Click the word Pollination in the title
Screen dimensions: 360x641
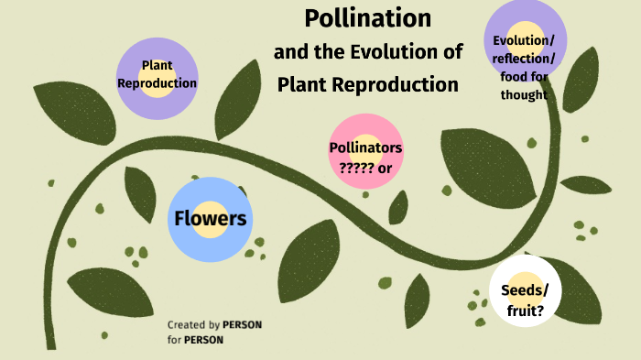tap(367, 18)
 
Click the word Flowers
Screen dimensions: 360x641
tap(210, 219)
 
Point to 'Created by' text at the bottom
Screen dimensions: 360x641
tap(193, 325)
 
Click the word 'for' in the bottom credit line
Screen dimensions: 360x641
tap(174, 340)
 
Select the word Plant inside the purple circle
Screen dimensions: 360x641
tap(158, 66)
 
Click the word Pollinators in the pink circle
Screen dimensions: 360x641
tap(365, 148)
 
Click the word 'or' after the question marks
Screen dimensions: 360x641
tap(385, 167)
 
